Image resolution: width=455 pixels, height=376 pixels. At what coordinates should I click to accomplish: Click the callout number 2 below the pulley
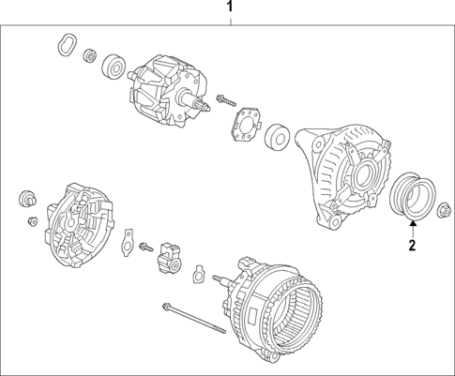[x=410, y=247]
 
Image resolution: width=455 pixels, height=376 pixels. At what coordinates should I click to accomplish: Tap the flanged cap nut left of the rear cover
[x=26, y=199]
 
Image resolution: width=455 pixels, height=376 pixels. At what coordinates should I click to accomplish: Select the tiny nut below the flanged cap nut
[x=30, y=221]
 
